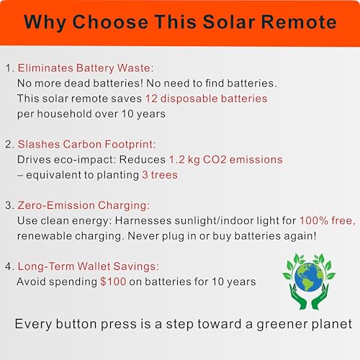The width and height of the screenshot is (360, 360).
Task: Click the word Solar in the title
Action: [229, 22]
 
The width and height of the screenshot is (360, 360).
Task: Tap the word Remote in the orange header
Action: [299, 22]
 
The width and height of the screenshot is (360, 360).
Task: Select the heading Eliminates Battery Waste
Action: [86, 68]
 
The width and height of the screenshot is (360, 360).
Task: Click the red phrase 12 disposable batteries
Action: [207, 99]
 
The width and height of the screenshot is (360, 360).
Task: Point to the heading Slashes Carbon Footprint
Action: [86, 144]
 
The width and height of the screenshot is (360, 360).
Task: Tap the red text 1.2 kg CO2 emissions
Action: [226, 160]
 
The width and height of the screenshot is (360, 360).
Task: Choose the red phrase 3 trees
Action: [160, 175]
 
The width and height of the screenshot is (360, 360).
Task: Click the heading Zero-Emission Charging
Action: [84, 205]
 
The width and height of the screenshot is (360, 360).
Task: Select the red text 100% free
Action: [328, 220]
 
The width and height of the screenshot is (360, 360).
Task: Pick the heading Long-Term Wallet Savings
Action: [89, 266]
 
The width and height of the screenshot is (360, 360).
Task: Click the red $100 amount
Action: [113, 282]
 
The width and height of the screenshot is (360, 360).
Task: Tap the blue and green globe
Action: [309, 277]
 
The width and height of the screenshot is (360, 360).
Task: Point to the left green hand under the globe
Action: [298, 297]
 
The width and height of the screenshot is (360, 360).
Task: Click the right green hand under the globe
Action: [320, 297]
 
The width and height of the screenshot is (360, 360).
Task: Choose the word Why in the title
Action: [45, 23]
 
